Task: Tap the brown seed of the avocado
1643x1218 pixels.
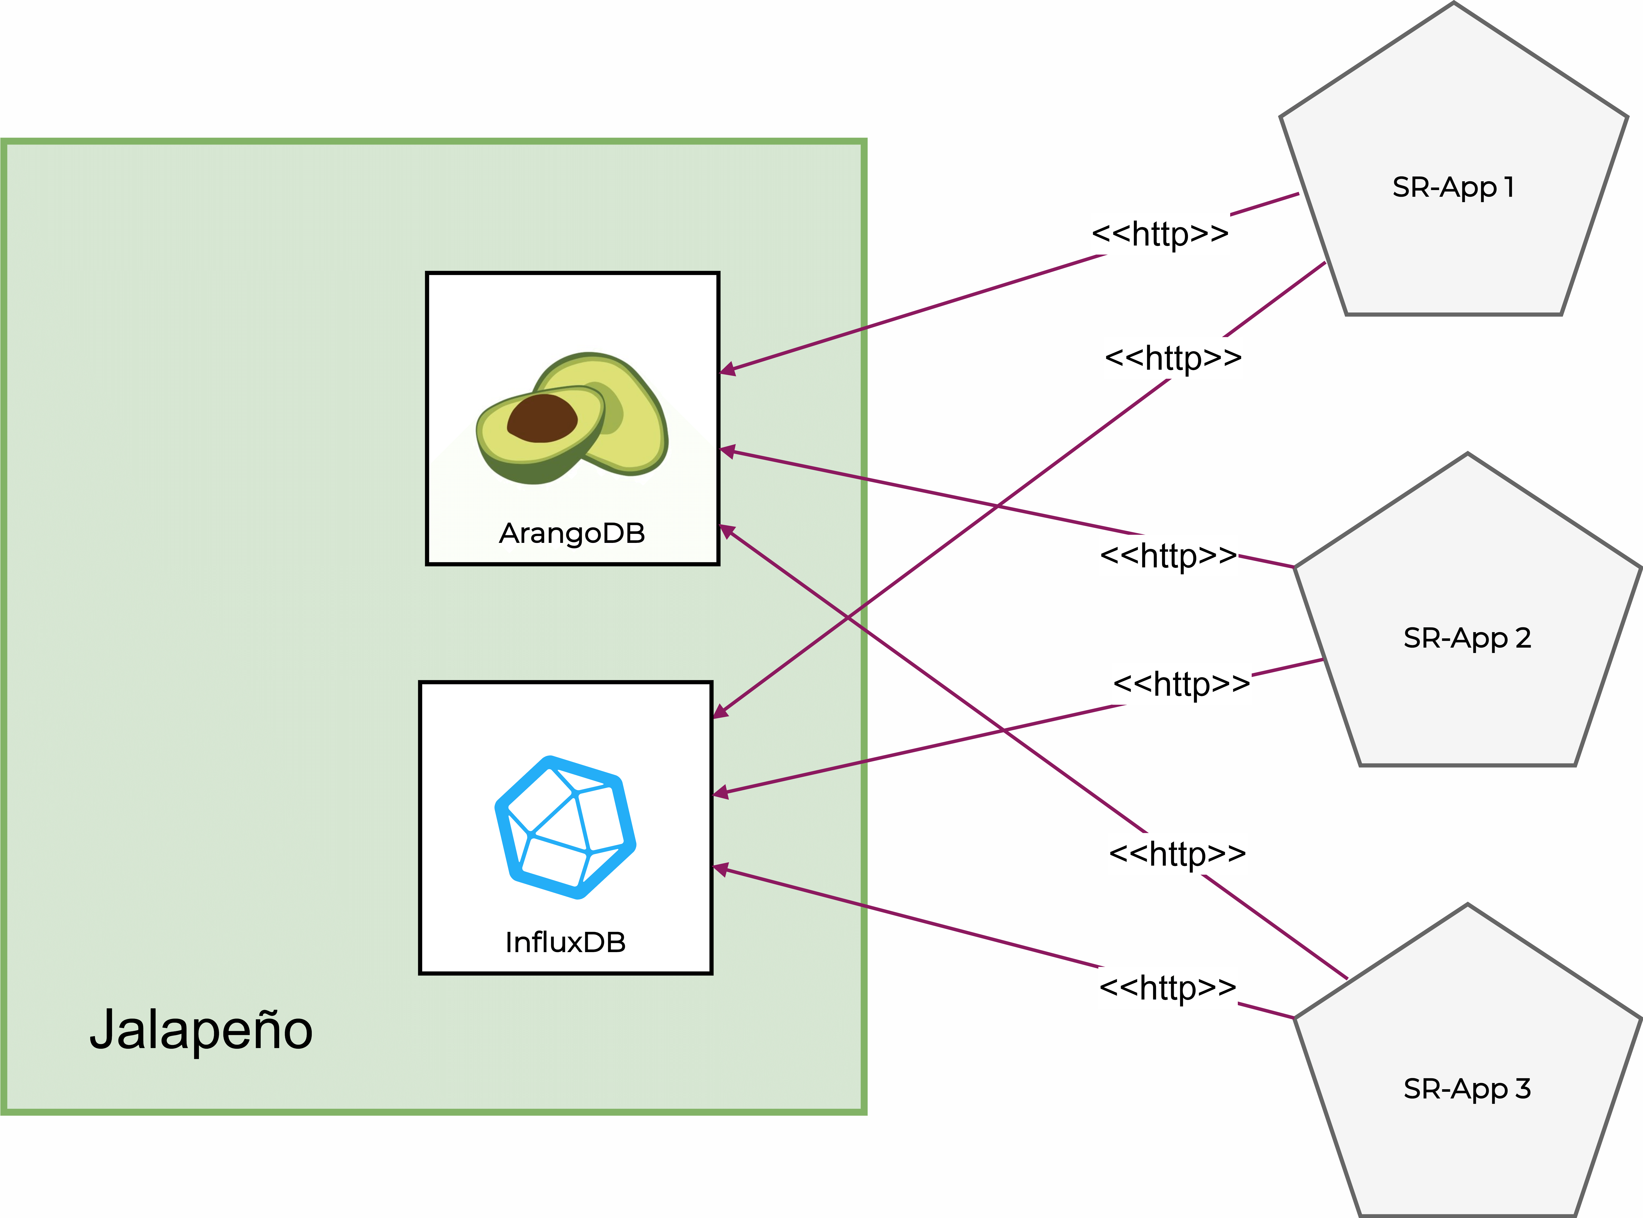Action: coord(542,419)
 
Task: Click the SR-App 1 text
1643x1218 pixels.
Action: coord(1453,187)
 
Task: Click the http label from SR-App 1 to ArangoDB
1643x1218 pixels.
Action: coord(1160,234)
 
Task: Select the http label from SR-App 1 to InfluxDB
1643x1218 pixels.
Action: coord(1173,358)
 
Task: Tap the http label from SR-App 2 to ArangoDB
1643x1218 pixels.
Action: coord(1168,555)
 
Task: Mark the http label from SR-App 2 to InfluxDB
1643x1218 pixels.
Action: coord(1181,683)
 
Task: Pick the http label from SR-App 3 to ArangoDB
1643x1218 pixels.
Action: coord(1177,854)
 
